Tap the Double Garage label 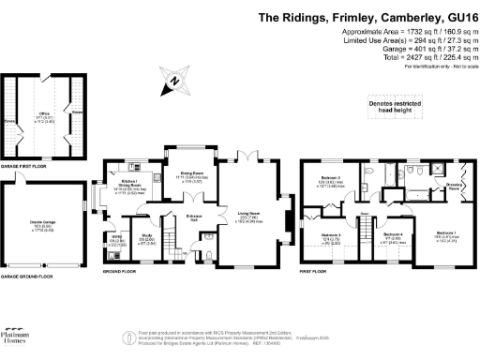point(42,223)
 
